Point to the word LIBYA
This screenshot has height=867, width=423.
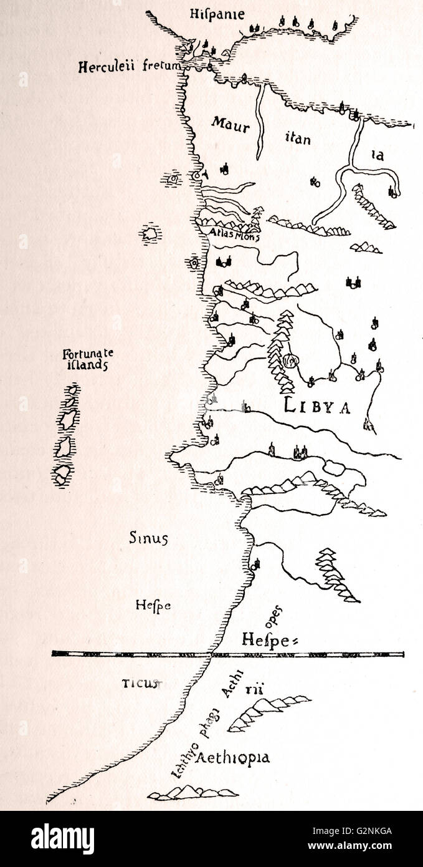pyautogui.click(x=318, y=406)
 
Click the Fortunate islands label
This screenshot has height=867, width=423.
pyautogui.click(x=88, y=360)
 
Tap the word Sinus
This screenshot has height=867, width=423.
pyautogui.click(x=148, y=538)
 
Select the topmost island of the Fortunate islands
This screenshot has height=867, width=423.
pyautogui.click(x=73, y=390)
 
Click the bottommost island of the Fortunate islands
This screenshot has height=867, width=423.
pyautogui.click(x=64, y=475)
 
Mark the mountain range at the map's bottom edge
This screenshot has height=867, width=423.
pyautogui.click(x=186, y=792)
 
